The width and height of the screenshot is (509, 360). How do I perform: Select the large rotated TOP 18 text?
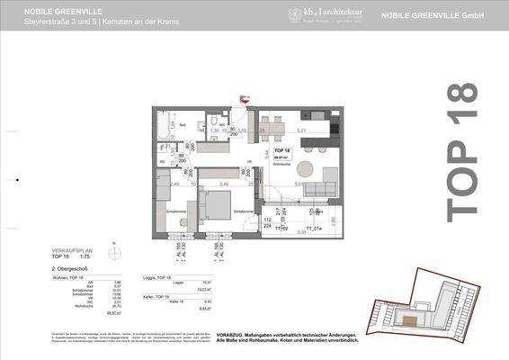click(x=464, y=148)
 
